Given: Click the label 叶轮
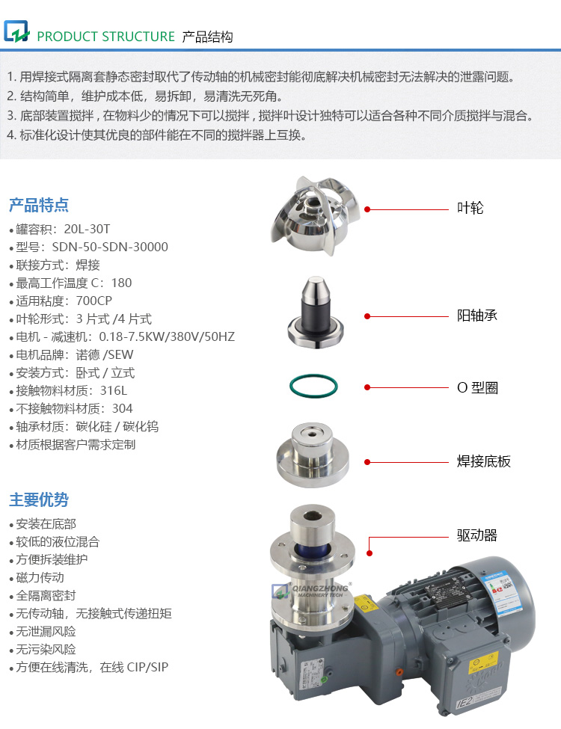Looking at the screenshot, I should (470, 208).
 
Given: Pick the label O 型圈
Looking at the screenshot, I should (477, 387).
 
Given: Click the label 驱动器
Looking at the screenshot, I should (476, 535).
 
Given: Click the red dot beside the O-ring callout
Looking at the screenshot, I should (367, 387).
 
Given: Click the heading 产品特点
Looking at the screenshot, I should (39, 205).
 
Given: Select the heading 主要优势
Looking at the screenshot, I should (39, 499).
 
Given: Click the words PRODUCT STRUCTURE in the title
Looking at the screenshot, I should (105, 37).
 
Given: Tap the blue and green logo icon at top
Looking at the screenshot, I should (16, 33).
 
